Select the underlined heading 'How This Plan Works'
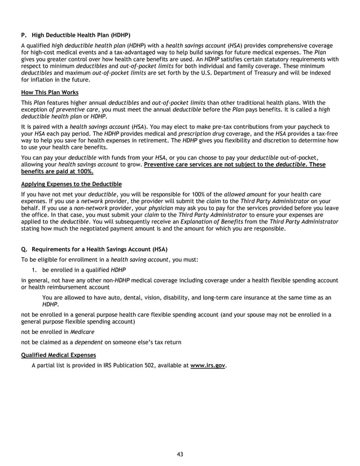(50, 93)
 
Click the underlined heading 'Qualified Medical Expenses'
(58, 355)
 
